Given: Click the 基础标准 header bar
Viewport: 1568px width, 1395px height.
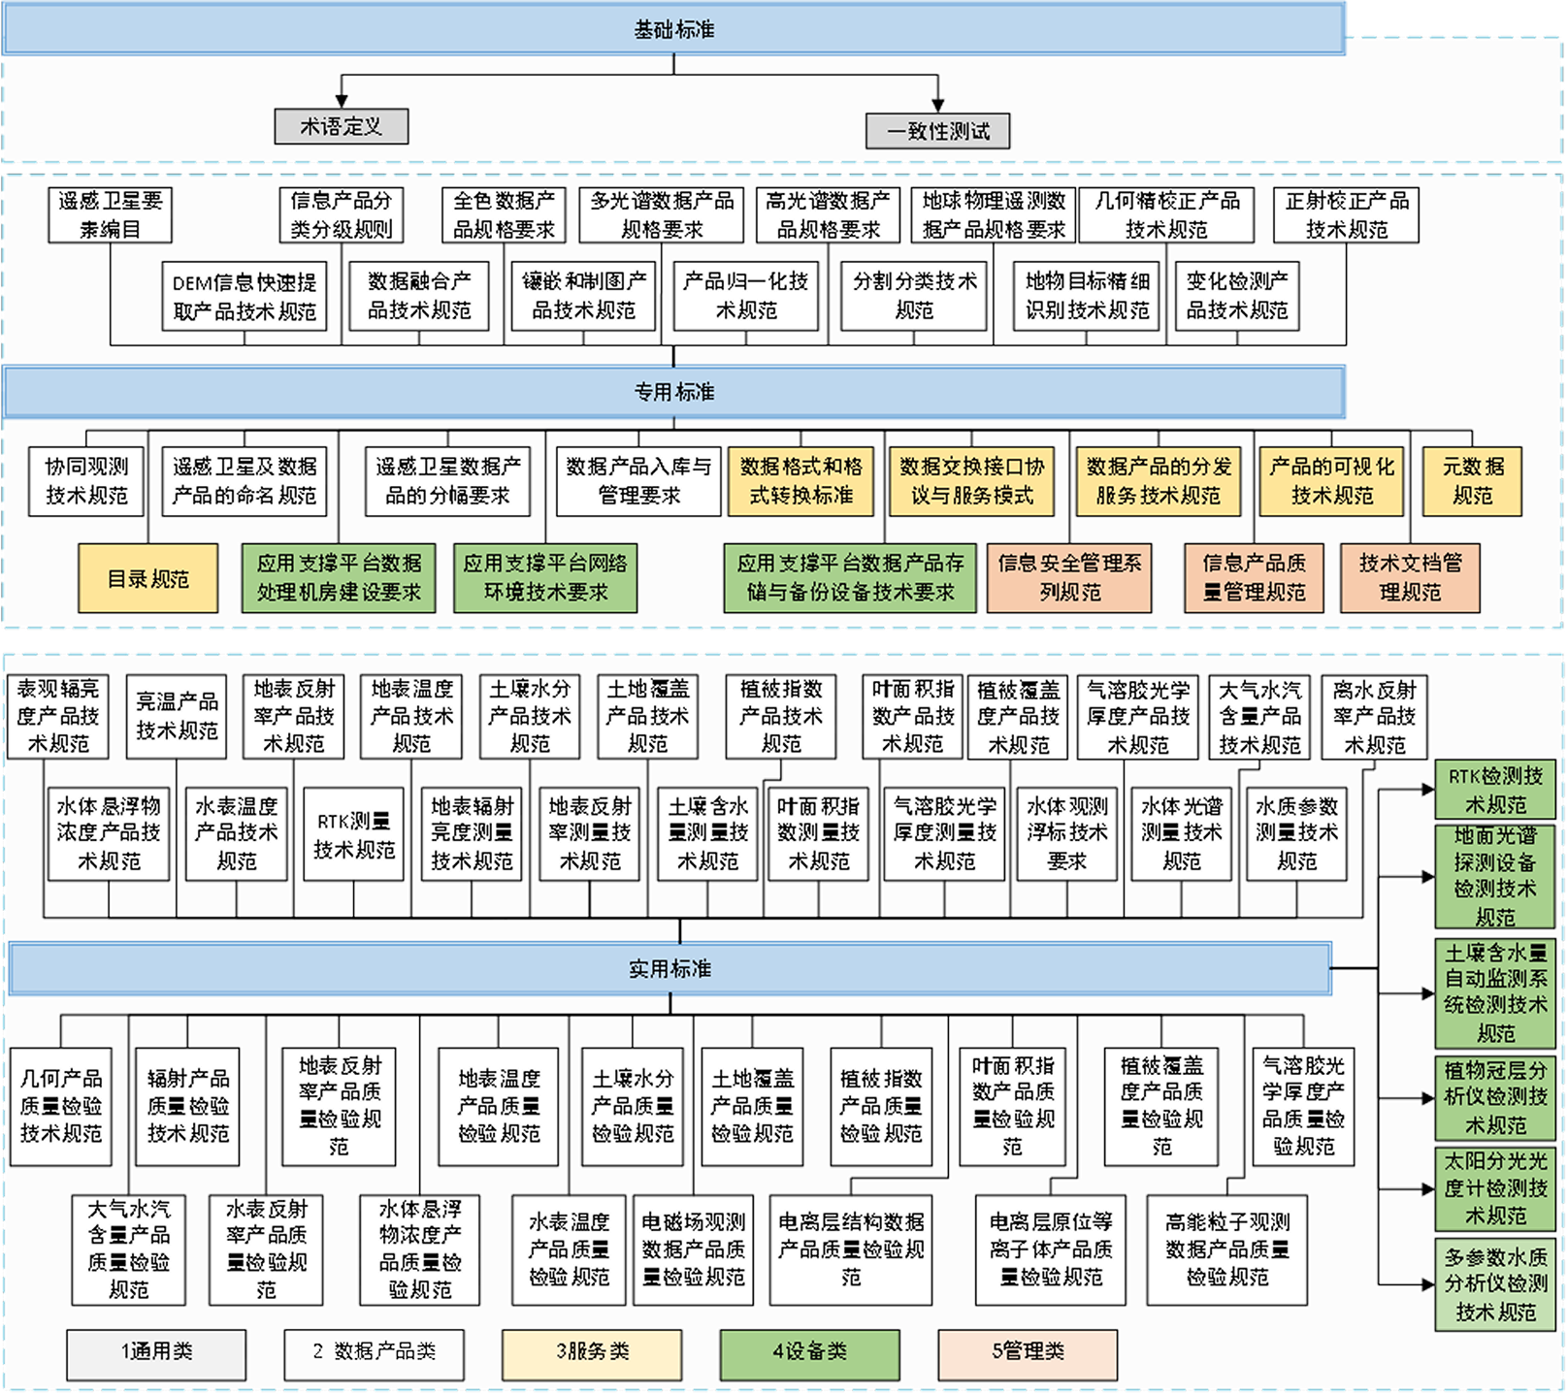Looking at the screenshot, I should [673, 30].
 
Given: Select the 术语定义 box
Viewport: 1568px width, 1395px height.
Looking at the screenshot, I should [341, 126].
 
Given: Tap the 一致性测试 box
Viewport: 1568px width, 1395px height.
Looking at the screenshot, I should [937, 131].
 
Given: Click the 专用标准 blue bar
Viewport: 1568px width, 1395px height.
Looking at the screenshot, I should [673, 392].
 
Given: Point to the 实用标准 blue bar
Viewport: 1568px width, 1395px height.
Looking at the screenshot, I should [670, 969].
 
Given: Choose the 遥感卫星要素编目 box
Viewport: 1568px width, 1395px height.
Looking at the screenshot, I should [110, 214].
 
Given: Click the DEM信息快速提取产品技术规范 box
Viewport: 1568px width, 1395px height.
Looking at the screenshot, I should [245, 297].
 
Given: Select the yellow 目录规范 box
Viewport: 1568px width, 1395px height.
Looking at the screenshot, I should [148, 579].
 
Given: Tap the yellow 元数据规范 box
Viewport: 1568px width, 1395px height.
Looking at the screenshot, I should [1471, 480].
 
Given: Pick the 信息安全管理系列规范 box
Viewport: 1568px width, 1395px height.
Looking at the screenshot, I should [1069, 577].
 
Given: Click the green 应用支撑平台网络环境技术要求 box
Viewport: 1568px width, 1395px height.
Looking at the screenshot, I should [545, 577].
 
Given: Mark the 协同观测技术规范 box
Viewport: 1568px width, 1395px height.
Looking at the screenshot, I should [86, 480].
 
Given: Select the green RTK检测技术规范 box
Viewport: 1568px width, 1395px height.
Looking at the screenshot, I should [1494, 790].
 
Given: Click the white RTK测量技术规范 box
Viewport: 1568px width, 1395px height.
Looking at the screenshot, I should [354, 834].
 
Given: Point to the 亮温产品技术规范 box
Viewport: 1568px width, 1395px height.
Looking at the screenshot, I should [177, 716].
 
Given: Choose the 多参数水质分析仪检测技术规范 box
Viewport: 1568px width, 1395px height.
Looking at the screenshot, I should [1494, 1283].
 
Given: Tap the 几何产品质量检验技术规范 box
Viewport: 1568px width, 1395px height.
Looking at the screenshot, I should [61, 1105].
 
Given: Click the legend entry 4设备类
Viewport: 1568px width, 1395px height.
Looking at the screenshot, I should [809, 1352].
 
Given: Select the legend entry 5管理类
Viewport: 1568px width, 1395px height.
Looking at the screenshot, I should [1027, 1352].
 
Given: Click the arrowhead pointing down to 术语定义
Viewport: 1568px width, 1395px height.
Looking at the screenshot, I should [341, 100].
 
